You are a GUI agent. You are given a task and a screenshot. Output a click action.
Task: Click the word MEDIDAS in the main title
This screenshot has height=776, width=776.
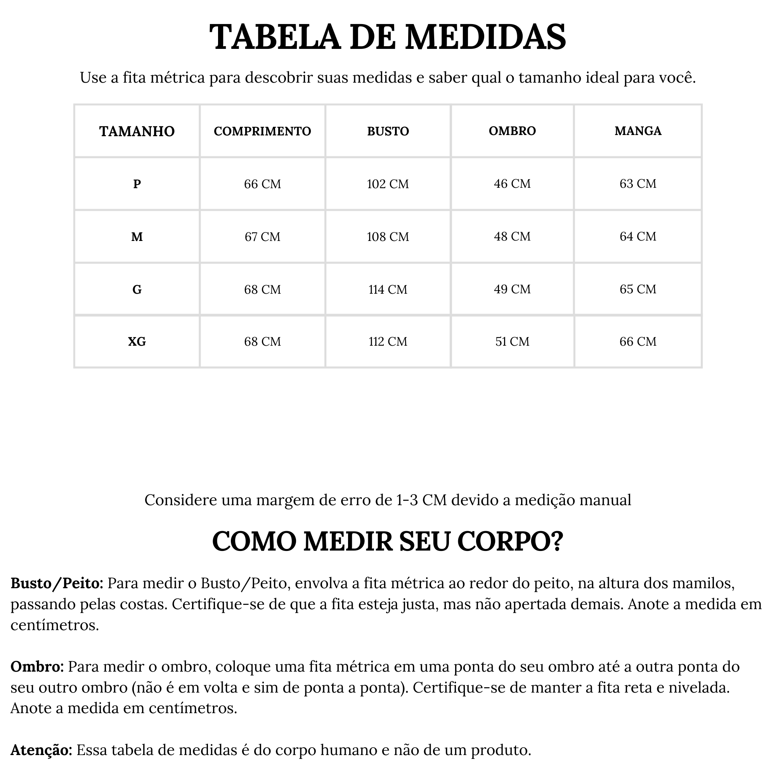point(485,37)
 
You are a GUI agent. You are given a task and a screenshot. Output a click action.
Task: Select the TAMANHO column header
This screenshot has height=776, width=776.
point(137,132)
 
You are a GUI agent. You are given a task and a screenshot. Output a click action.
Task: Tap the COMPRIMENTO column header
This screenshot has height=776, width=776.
point(262,132)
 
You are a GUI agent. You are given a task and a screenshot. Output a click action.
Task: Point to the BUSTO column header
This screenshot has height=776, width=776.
point(388,132)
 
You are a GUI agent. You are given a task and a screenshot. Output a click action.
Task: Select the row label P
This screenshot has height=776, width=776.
point(137,184)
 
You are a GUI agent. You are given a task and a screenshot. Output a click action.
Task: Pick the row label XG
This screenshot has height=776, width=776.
point(137,342)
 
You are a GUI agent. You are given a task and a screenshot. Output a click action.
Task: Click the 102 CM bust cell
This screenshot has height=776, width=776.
point(388,184)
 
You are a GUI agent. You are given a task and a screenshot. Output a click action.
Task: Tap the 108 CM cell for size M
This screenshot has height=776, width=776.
point(388,237)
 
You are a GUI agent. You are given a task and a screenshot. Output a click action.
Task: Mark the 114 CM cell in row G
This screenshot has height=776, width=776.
point(388,289)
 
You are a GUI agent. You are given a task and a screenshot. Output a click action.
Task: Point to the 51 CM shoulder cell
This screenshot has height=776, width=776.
point(512,342)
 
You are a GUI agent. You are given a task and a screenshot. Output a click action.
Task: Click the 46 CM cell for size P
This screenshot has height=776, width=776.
point(512,184)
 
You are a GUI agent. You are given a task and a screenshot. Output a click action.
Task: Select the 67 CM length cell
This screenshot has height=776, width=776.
point(262,237)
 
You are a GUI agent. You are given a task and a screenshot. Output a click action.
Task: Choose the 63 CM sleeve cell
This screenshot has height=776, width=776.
point(638,184)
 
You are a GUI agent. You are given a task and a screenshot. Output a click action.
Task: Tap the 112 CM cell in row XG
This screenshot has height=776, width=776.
point(388,342)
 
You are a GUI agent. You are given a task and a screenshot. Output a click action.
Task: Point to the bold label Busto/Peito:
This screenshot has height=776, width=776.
point(57,583)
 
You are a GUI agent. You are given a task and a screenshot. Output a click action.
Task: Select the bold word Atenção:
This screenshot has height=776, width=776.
point(42,750)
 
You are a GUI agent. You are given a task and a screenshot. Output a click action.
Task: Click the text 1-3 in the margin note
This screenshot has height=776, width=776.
point(407,500)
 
